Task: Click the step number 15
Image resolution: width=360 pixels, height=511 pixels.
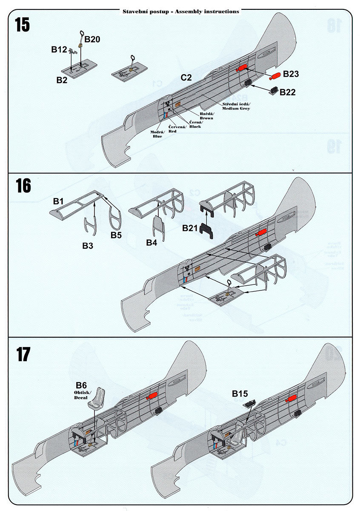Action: (23, 26)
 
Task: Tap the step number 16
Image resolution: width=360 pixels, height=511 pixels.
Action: (23, 186)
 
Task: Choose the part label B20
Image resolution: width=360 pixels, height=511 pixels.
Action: (92, 40)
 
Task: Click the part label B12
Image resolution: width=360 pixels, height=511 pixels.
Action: (59, 49)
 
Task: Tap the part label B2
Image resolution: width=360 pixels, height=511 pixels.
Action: (62, 80)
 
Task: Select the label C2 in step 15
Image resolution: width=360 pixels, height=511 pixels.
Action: (186, 78)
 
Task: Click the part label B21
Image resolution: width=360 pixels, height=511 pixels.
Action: (191, 229)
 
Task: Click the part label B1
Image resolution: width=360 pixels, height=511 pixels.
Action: (58, 201)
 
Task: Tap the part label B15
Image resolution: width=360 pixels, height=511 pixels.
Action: (240, 394)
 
